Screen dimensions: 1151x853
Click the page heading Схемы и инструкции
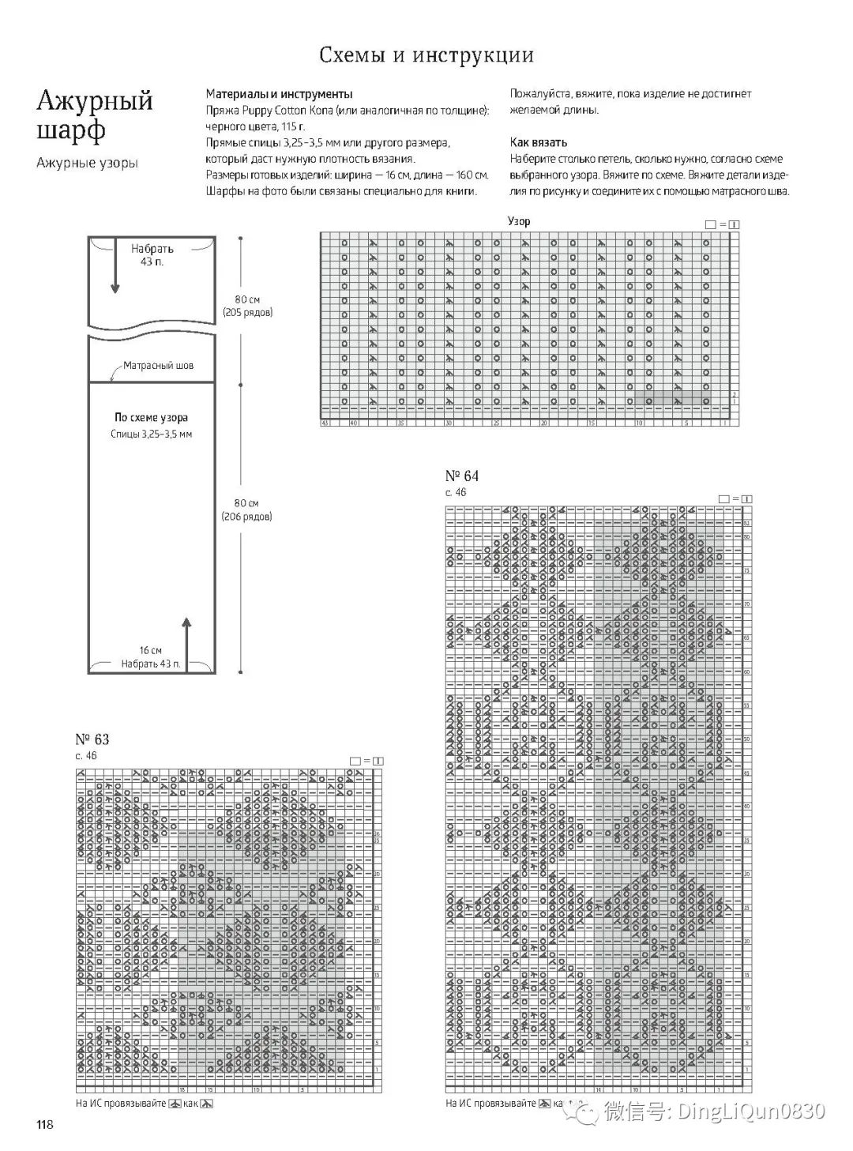click(426, 55)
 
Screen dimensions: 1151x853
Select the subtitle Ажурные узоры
click(87, 163)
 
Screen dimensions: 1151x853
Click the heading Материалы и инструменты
click(279, 94)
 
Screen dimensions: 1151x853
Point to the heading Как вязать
click(539, 143)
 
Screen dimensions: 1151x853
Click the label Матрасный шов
click(158, 366)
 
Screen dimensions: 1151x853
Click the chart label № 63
click(92, 739)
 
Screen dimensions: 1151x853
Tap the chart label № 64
click(462, 476)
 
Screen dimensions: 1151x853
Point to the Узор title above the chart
click(519, 221)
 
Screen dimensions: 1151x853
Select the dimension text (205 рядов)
click(247, 313)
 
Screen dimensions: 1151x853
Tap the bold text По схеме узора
click(151, 417)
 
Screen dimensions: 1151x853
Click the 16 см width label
click(150, 650)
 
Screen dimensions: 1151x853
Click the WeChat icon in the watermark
click(586, 1112)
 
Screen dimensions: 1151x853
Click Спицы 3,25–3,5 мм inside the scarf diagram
click(151, 434)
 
